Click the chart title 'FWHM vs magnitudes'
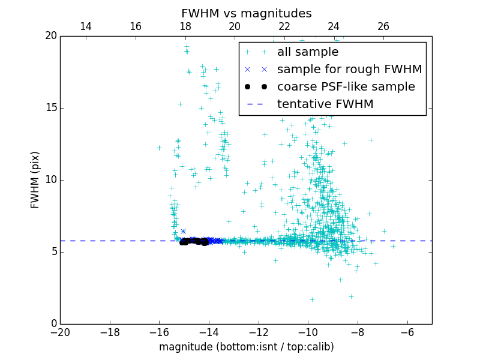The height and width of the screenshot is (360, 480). [246, 13]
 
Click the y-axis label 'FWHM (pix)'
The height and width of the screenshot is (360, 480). [35, 179]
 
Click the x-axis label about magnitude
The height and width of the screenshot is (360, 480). [246, 347]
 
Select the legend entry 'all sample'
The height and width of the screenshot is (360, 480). [308, 52]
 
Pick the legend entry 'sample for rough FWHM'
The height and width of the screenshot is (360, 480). [349, 70]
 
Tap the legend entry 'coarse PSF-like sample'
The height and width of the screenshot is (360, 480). [346, 87]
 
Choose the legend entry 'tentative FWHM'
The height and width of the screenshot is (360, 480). [325, 104]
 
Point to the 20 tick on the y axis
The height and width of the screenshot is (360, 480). [50, 36]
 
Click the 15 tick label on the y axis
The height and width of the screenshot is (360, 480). [50, 108]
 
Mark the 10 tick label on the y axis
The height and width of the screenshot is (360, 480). [50, 180]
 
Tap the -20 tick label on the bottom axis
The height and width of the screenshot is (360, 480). [60, 332]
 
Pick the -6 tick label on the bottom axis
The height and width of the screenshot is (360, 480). [407, 332]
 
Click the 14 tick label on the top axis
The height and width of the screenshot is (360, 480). [86, 26]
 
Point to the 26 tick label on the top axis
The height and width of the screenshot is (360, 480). [383, 26]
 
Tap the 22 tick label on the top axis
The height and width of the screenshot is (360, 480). [284, 26]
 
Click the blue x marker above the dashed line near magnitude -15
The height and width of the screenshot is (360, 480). [183, 231]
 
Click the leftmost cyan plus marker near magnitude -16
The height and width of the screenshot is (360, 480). [159, 148]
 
